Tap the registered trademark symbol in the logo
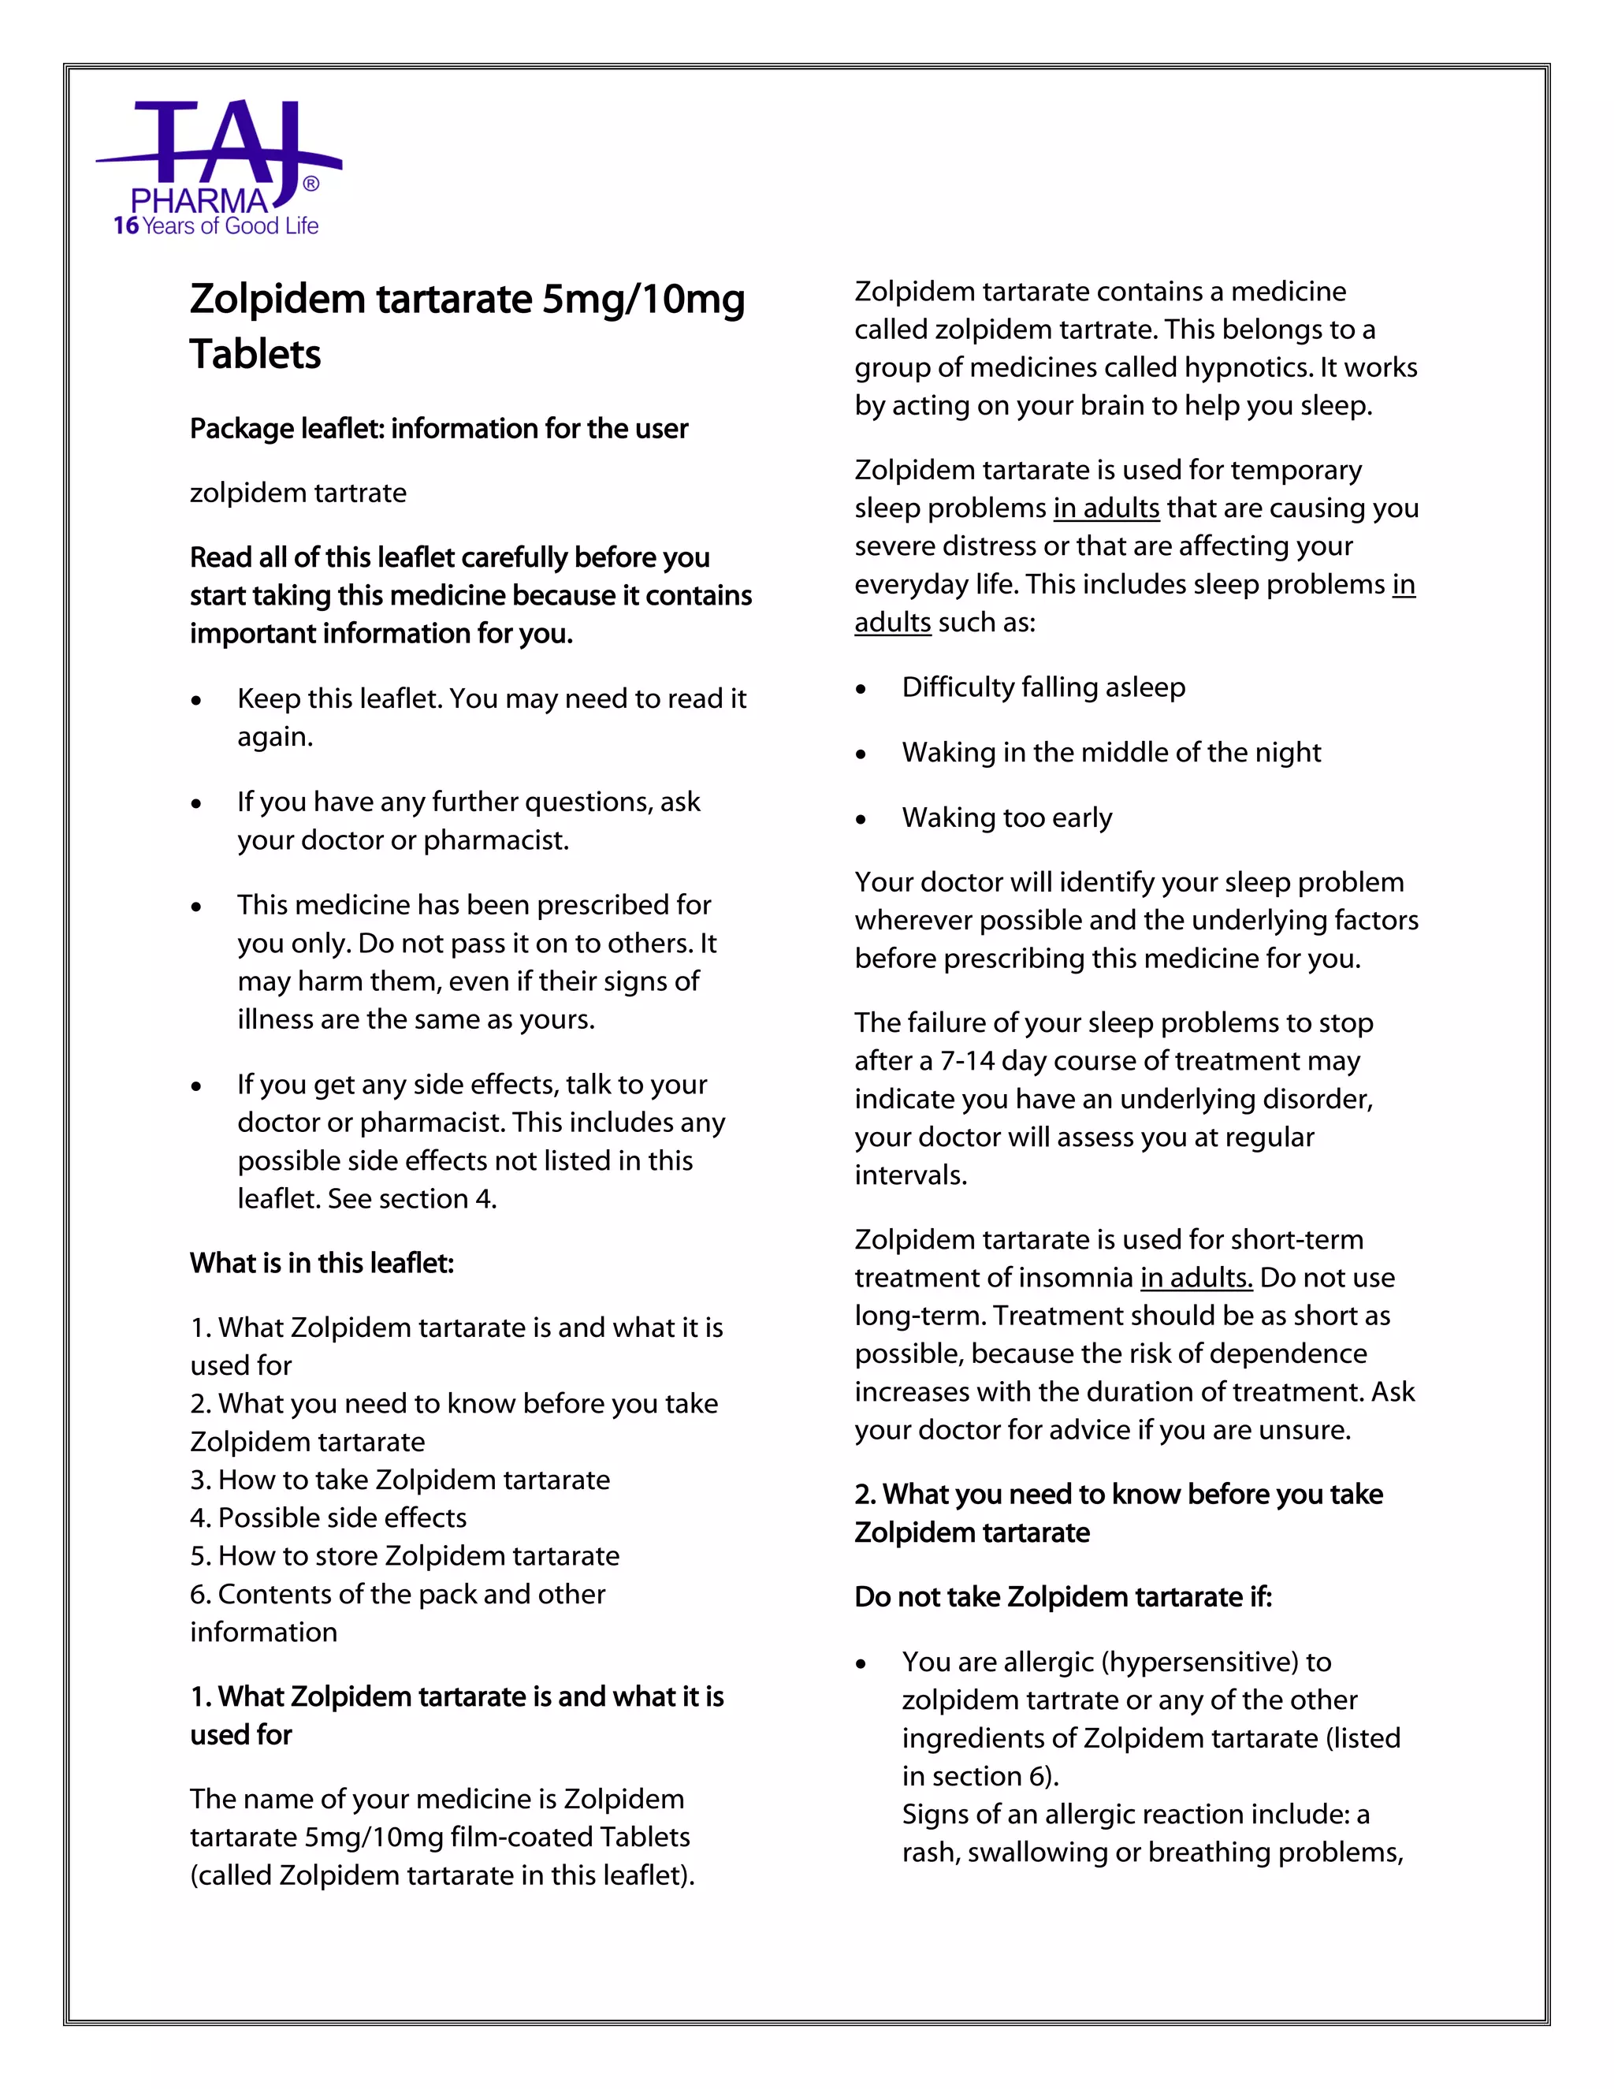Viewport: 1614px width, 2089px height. tap(311, 184)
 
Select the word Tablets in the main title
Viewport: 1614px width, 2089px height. tap(255, 355)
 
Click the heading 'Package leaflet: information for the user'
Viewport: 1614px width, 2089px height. tap(438, 429)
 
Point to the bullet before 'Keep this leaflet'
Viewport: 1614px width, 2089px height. tap(196, 701)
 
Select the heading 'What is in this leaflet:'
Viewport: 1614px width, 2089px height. tap(322, 1264)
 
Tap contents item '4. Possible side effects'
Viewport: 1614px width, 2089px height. tap(328, 1518)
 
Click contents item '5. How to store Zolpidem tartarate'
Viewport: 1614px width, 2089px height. tap(404, 1556)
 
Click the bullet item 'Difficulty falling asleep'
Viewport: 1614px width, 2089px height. tap(1043, 687)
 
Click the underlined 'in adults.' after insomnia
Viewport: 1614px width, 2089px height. tap(1196, 1278)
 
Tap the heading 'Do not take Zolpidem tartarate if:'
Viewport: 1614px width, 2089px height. tap(1063, 1597)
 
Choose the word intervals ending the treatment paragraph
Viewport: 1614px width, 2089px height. tap(910, 1175)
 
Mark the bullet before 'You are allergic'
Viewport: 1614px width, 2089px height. tap(861, 1665)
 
